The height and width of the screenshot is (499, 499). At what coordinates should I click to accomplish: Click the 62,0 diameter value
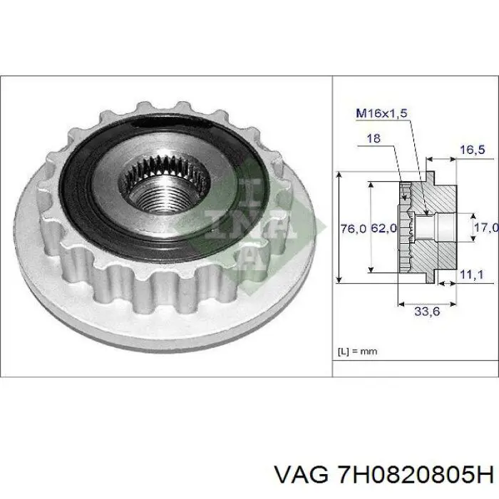coord(382,229)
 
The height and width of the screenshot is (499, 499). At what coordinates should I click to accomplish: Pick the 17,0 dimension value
coord(485,228)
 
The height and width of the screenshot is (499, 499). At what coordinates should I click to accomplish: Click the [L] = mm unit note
coord(357,350)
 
